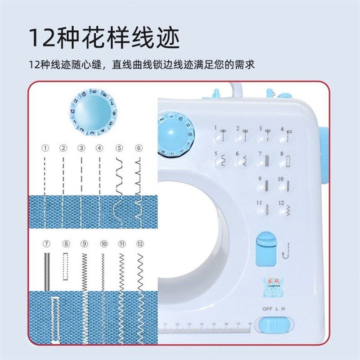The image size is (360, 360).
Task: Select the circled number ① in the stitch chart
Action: [x=45, y=148]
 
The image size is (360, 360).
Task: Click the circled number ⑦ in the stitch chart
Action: [x=46, y=244]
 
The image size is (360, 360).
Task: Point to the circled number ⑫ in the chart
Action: [x=140, y=244]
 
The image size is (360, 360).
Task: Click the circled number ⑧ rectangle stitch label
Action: [x=66, y=244]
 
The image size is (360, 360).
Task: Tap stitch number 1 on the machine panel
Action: [x=216, y=128]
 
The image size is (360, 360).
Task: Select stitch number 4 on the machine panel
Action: [x=282, y=129]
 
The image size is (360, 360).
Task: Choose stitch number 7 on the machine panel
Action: [x=260, y=154]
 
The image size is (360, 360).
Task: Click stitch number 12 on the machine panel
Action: [x=282, y=203]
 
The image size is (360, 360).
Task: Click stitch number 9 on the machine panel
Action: [x=260, y=179]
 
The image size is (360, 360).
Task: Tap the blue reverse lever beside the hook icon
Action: [x=265, y=248]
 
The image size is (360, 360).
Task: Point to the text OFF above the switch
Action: [x=268, y=309]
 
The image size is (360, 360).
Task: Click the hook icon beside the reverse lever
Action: [x=286, y=250]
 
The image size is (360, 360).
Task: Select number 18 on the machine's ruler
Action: [x=250, y=324]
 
